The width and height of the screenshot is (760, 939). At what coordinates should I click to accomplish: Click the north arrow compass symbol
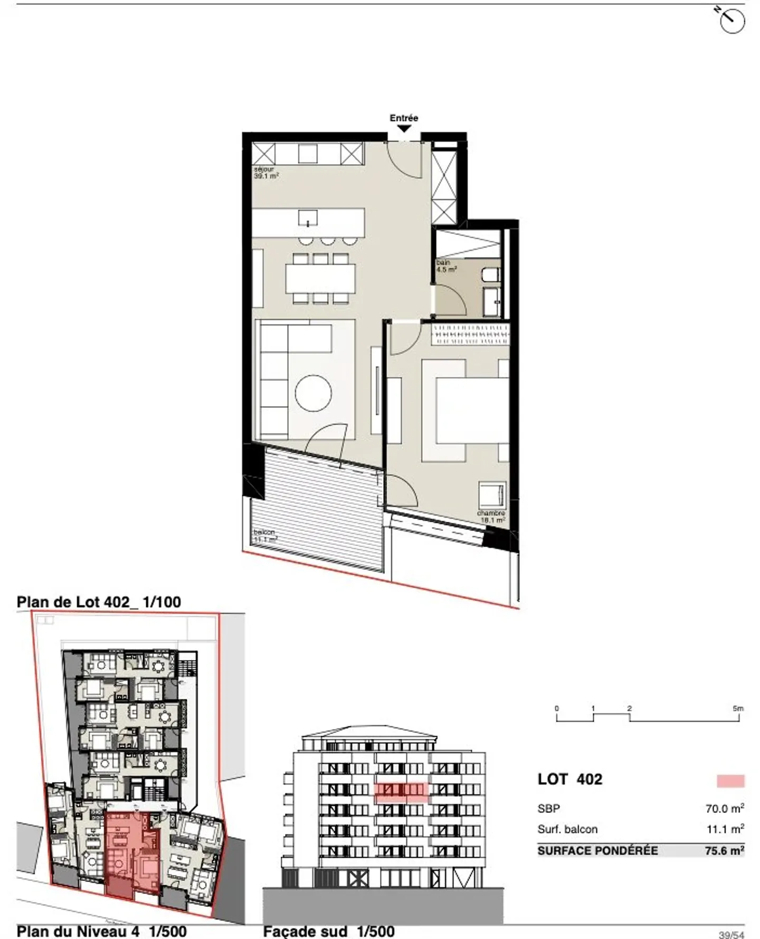[731, 21]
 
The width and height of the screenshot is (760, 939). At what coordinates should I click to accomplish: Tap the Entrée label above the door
[404, 118]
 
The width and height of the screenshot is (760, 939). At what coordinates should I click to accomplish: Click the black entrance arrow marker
[404, 128]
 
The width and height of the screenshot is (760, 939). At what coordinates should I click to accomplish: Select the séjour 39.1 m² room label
[266, 173]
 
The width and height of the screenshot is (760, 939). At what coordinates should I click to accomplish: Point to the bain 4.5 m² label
[445, 266]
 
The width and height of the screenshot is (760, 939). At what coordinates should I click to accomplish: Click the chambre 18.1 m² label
[491, 517]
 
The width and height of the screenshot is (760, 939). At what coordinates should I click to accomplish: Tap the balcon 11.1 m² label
[265, 536]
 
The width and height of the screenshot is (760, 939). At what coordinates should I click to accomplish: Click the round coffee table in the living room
[313, 393]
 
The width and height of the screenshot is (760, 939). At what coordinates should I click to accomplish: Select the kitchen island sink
[308, 218]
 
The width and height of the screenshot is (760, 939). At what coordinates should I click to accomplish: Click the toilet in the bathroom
[490, 275]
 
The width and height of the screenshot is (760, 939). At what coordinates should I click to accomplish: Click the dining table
[320, 278]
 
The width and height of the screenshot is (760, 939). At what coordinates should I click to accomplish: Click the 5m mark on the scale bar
[738, 709]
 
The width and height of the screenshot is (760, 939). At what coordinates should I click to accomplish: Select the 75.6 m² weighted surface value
[724, 850]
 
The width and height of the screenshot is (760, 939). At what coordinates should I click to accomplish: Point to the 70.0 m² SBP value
[724, 808]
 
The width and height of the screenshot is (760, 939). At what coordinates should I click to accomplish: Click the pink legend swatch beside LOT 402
[730, 781]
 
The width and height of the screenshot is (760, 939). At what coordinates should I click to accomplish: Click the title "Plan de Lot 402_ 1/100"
[99, 602]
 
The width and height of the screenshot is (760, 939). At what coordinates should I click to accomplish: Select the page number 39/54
[731, 934]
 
